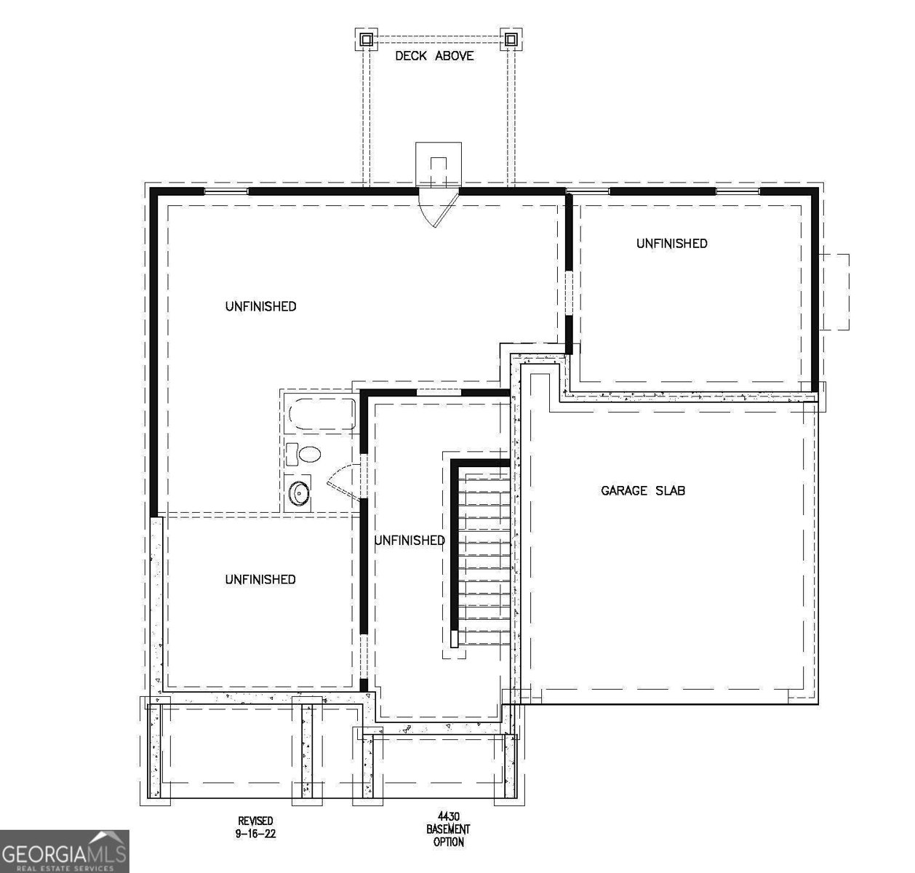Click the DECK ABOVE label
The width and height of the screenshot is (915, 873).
pos(434,56)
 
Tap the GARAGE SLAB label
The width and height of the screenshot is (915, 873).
pos(643,490)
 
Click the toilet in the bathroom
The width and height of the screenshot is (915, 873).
pos(305,454)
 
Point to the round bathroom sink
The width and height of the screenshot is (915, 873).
pos(299,493)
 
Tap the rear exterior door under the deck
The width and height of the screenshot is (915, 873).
pos(439,207)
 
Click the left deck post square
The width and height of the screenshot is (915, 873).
pos(367,39)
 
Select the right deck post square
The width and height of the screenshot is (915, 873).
pos(511,39)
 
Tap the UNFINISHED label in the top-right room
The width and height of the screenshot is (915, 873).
pos(671,244)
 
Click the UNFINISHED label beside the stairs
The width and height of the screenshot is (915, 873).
pos(409,541)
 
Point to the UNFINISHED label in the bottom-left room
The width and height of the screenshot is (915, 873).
pos(260,579)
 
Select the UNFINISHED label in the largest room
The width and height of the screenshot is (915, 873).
pos(260,306)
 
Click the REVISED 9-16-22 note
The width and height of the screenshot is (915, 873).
pos(255,827)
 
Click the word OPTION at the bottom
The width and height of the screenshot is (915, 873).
pos(449,842)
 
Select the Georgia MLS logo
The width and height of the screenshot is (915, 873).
pos(64,851)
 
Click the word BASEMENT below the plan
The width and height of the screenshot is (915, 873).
pos(449,829)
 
